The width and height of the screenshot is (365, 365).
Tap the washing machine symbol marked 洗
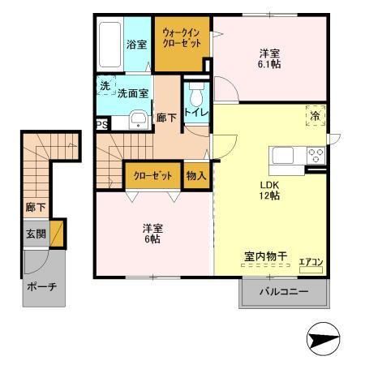[x=105, y=85]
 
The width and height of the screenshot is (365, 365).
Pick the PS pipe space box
[x=101, y=124]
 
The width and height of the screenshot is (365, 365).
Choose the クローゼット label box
[x=151, y=174]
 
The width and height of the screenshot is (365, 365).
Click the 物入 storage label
[x=195, y=174]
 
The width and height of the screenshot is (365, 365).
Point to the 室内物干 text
[x=266, y=257]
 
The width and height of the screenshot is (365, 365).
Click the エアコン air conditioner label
[x=311, y=261]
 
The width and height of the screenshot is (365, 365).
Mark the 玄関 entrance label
[x=35, y=234]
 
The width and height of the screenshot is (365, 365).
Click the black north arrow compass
[x=323, y=340]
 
